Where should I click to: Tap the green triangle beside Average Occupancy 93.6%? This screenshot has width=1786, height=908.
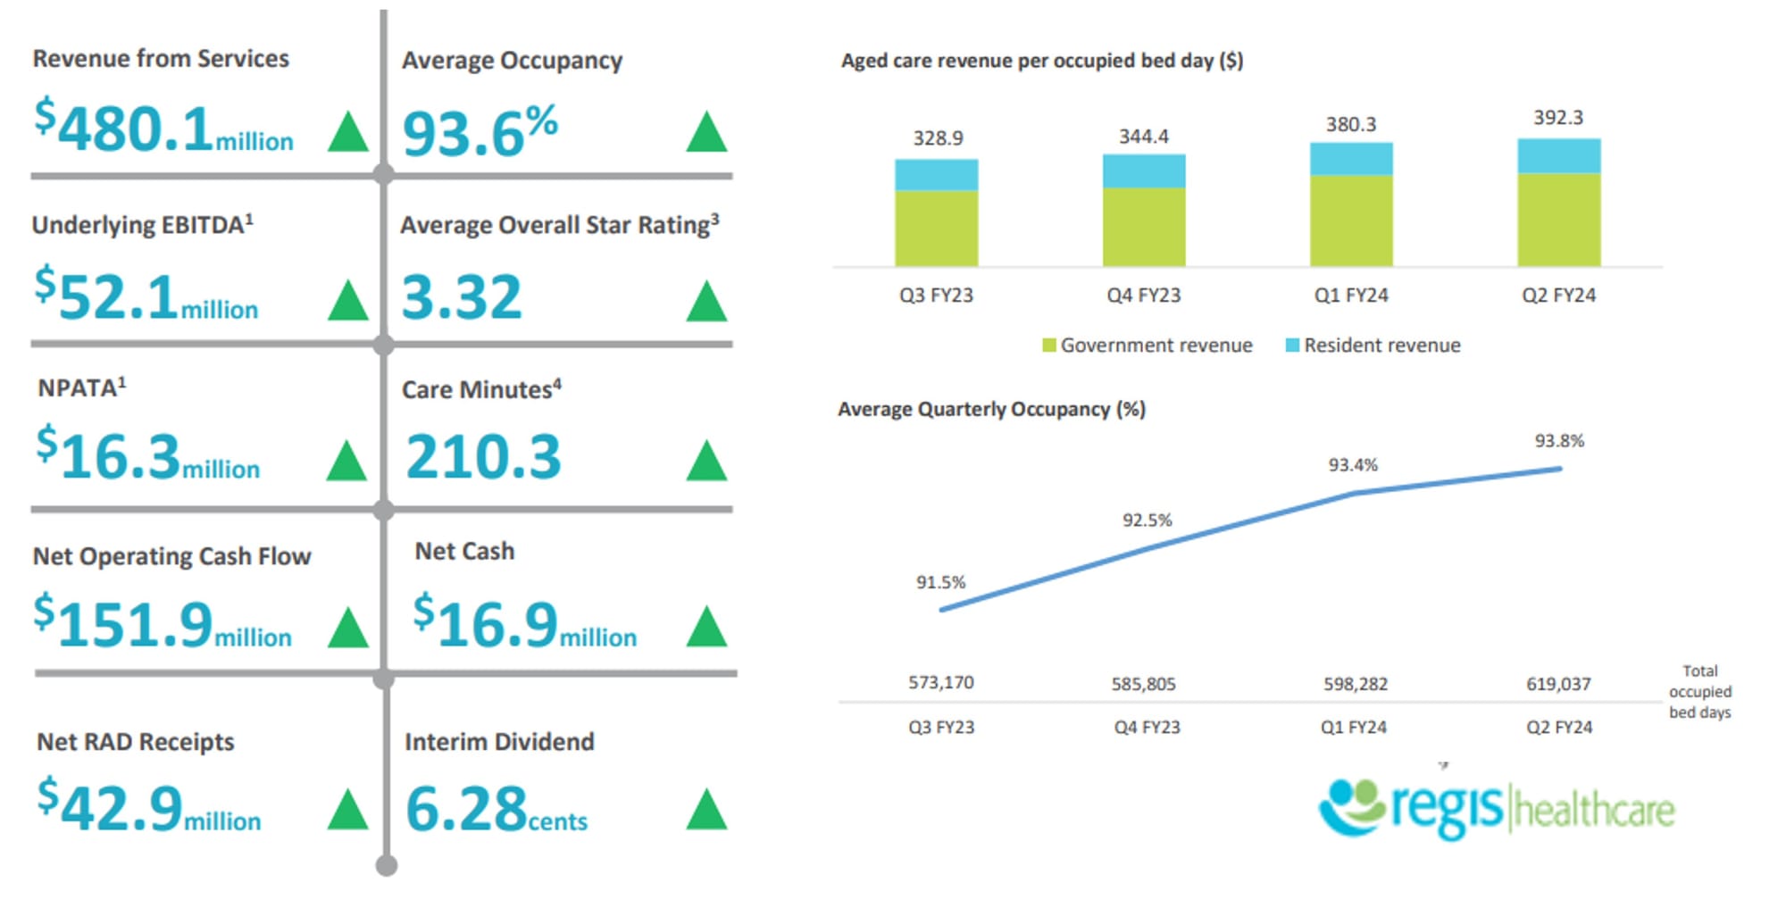click(706, 132)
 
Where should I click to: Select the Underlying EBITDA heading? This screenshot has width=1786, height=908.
click(142, 224)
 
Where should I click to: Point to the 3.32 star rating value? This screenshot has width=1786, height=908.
click(462, 297)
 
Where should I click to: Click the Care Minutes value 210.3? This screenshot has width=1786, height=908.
click(483, 457)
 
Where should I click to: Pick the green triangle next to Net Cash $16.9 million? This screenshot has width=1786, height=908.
click(706, 627)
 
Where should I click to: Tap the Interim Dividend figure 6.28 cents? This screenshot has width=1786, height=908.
click(497, 810)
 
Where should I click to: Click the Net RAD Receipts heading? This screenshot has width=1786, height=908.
click(135, 742)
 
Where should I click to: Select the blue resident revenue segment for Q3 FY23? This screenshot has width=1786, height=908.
click(936, 175)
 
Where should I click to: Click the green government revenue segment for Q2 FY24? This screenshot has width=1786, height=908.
click(1558, 219)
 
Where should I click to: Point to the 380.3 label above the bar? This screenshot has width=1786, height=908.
click(1350, 124)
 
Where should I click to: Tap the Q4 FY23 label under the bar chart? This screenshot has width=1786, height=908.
click(1143, 296)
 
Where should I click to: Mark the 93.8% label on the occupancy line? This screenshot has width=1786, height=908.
click(1559, 441)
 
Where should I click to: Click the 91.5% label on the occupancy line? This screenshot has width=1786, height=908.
click(940, 583)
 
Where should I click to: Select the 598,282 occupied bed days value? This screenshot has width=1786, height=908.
click(1355, 685)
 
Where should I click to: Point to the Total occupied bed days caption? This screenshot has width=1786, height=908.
click(1699, 692)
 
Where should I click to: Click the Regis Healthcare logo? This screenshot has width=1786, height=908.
click(1496, 808)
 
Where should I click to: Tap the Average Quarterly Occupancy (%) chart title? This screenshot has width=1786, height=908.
click(991, 410)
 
